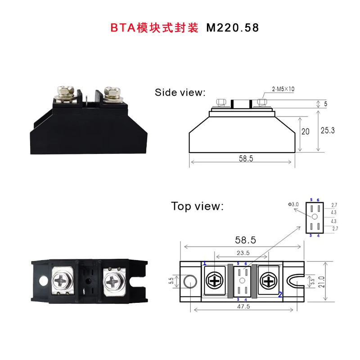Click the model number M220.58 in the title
click(233, 27)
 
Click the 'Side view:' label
click(180, 93)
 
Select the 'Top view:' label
click(197, 206)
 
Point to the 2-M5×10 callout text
click(283, 89)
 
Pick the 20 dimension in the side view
click(306, 132)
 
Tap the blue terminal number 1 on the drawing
click(205, 263)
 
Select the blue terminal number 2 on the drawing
click(279, 295)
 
